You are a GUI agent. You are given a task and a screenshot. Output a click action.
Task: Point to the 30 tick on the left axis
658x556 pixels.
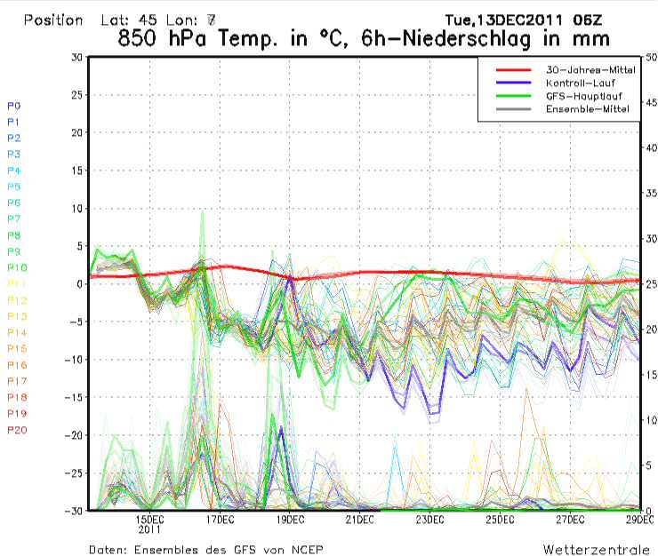77,57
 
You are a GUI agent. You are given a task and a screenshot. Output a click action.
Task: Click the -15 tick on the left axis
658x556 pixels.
75,397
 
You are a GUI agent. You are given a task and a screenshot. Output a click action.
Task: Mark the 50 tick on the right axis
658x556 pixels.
649,57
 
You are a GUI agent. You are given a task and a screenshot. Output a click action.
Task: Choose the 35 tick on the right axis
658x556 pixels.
649,193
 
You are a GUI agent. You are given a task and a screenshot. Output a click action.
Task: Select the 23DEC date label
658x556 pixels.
429,520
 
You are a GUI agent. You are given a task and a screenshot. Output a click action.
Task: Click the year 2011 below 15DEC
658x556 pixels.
148,529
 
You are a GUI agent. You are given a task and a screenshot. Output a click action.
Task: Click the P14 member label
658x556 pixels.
17,332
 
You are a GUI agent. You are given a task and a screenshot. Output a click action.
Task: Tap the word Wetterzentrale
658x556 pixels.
597,549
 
